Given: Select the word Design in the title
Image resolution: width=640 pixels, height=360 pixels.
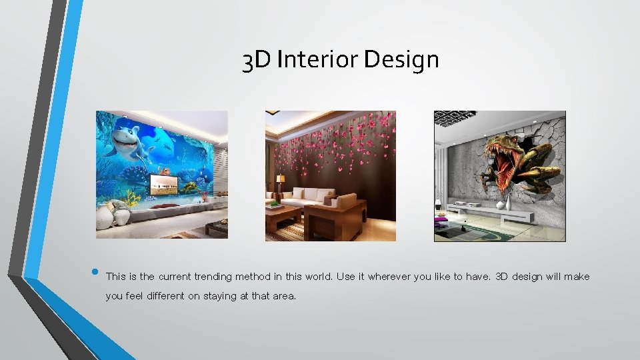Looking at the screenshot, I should coord(402,60).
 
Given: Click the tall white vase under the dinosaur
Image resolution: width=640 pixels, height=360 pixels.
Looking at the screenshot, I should coord(510,200).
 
